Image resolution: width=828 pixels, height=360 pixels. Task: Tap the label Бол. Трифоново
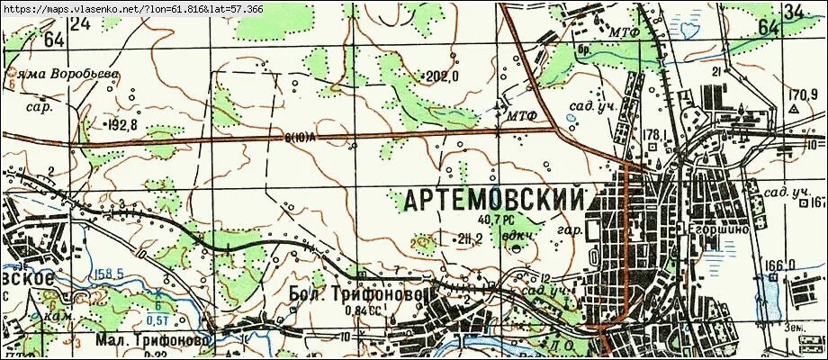coord(356,294)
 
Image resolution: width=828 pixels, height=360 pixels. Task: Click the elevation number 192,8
coord(121,124)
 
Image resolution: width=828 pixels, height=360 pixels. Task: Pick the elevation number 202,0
coord(442,77)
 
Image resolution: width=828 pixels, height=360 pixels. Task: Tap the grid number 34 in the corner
coord(793,12)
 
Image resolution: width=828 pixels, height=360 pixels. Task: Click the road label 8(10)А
coord(296,139)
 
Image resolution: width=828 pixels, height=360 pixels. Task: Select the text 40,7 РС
coord(496,219)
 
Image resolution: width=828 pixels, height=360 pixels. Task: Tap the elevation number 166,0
coord(779,265)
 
